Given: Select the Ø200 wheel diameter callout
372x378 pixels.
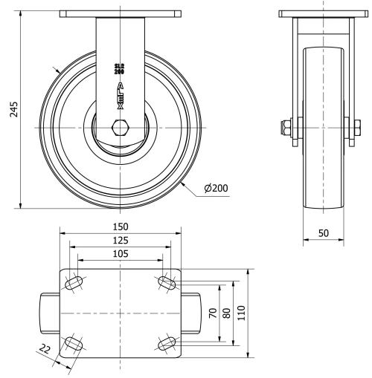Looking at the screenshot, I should [215, 189].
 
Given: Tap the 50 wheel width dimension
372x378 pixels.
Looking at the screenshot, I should [324, 232].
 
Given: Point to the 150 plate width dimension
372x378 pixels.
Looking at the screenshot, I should [120, 227].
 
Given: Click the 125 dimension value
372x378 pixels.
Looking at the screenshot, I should [120, 241].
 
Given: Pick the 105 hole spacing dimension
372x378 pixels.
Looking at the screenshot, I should [120, 254].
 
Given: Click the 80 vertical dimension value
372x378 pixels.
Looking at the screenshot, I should [225, 313].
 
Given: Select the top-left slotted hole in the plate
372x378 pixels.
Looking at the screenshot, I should [75, 283].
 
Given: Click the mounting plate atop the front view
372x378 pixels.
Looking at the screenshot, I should [120, 13].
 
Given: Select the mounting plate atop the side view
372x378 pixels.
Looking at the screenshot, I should [324, 13].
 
